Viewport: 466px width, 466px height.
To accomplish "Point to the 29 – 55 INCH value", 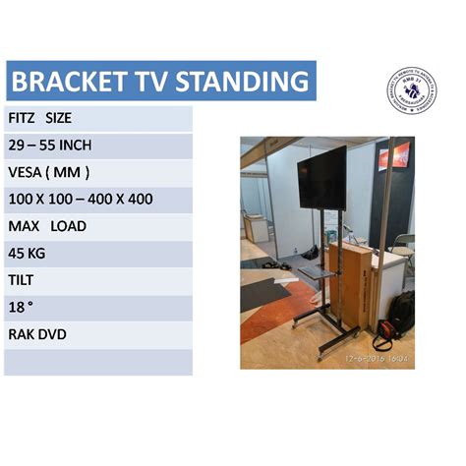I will (x=50, y=145).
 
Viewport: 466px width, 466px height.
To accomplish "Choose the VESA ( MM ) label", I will (x=49, y=172).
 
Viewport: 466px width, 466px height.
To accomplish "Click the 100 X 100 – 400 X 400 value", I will (x=80, y=200).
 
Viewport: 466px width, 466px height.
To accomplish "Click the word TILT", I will (x=22, y=280).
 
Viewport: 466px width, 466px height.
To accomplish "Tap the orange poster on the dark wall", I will (x=393, y=155).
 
